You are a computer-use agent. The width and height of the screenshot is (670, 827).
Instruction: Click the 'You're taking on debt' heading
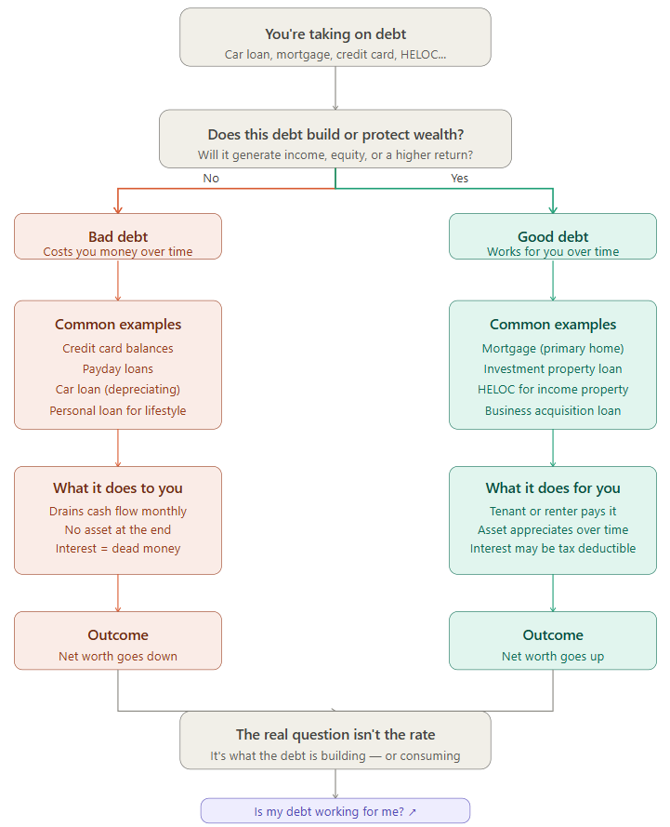(x=335, y=34)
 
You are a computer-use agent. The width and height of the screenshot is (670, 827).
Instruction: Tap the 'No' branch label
(x=211, y=179)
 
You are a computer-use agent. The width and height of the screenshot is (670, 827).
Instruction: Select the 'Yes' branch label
(x=459, y=179)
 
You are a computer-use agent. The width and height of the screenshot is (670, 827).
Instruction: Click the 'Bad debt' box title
(x=118, y=237)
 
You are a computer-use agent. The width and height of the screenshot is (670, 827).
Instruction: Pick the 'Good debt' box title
(x=553, y=237)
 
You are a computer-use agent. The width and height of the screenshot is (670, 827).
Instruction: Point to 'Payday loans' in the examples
(x=118, y=368)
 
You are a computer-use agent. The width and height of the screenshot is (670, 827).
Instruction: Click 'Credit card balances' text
(x=118, y=348)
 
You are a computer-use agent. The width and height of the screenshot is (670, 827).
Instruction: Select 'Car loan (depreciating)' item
(x=118, y=389)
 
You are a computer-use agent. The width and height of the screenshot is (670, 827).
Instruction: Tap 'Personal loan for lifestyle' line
(x=118, y=410)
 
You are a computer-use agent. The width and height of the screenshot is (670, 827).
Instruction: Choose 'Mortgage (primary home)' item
(x=553, y=348)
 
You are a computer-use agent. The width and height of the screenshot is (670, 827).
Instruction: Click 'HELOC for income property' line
(x=553, y=389)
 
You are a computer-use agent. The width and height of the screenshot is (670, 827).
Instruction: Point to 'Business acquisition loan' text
(x=553, y=410)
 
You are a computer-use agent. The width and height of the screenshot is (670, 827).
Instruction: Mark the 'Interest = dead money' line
(x=118, y=549)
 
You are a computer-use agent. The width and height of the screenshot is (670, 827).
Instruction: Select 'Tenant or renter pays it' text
(x=553, y=511)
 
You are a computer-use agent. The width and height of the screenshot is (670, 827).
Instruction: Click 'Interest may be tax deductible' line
(x=553, y=549)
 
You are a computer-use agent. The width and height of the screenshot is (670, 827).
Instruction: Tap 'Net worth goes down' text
(x=118, y=656)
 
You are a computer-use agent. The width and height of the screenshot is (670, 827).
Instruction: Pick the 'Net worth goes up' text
(x=553, y=656)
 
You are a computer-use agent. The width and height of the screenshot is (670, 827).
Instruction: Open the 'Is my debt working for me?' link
(x=335, y=811)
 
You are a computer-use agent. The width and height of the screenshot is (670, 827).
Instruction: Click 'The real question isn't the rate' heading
(x=335, y=734)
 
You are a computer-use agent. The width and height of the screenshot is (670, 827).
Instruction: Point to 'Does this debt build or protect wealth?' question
(x=335, y=135)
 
